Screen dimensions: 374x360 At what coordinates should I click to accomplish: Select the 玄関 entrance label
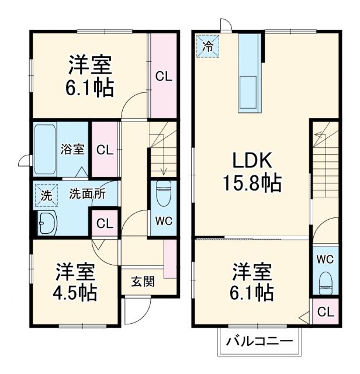[142, 282]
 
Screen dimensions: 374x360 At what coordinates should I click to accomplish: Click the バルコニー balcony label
[259, 340]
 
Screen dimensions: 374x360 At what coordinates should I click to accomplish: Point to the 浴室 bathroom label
[73, 149]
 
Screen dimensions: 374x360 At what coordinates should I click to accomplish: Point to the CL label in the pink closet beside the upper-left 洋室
[163, 77]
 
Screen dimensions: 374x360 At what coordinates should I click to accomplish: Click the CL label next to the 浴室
[105, 150]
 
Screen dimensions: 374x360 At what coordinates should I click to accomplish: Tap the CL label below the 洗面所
[105, 223]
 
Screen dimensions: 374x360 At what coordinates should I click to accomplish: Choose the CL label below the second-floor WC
[325, 312]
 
